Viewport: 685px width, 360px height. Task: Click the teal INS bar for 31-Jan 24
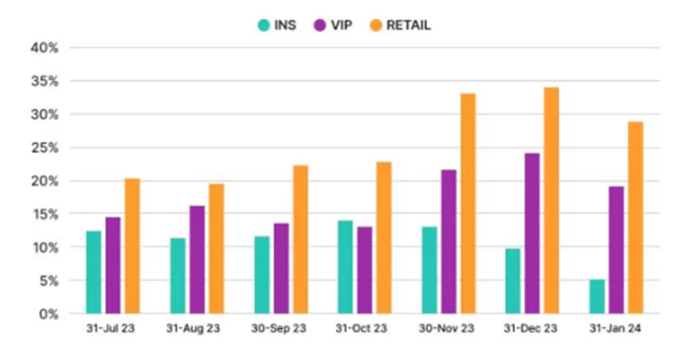[596, 296]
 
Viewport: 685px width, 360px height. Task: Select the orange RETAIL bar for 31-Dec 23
[551, 200]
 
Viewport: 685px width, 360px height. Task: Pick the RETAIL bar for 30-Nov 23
[468, 204]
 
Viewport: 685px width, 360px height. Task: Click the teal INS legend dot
[263, 25]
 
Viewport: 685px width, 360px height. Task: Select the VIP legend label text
[342, 25]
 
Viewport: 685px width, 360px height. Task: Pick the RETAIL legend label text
[409, 25]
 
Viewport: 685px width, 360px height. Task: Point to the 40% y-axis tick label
[46, 47]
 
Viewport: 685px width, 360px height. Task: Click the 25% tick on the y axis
[46, 147]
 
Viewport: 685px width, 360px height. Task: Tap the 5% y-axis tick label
[49, 280]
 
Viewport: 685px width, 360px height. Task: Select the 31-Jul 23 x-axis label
[113, 330]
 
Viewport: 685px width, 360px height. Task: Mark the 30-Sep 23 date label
[281, 330]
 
